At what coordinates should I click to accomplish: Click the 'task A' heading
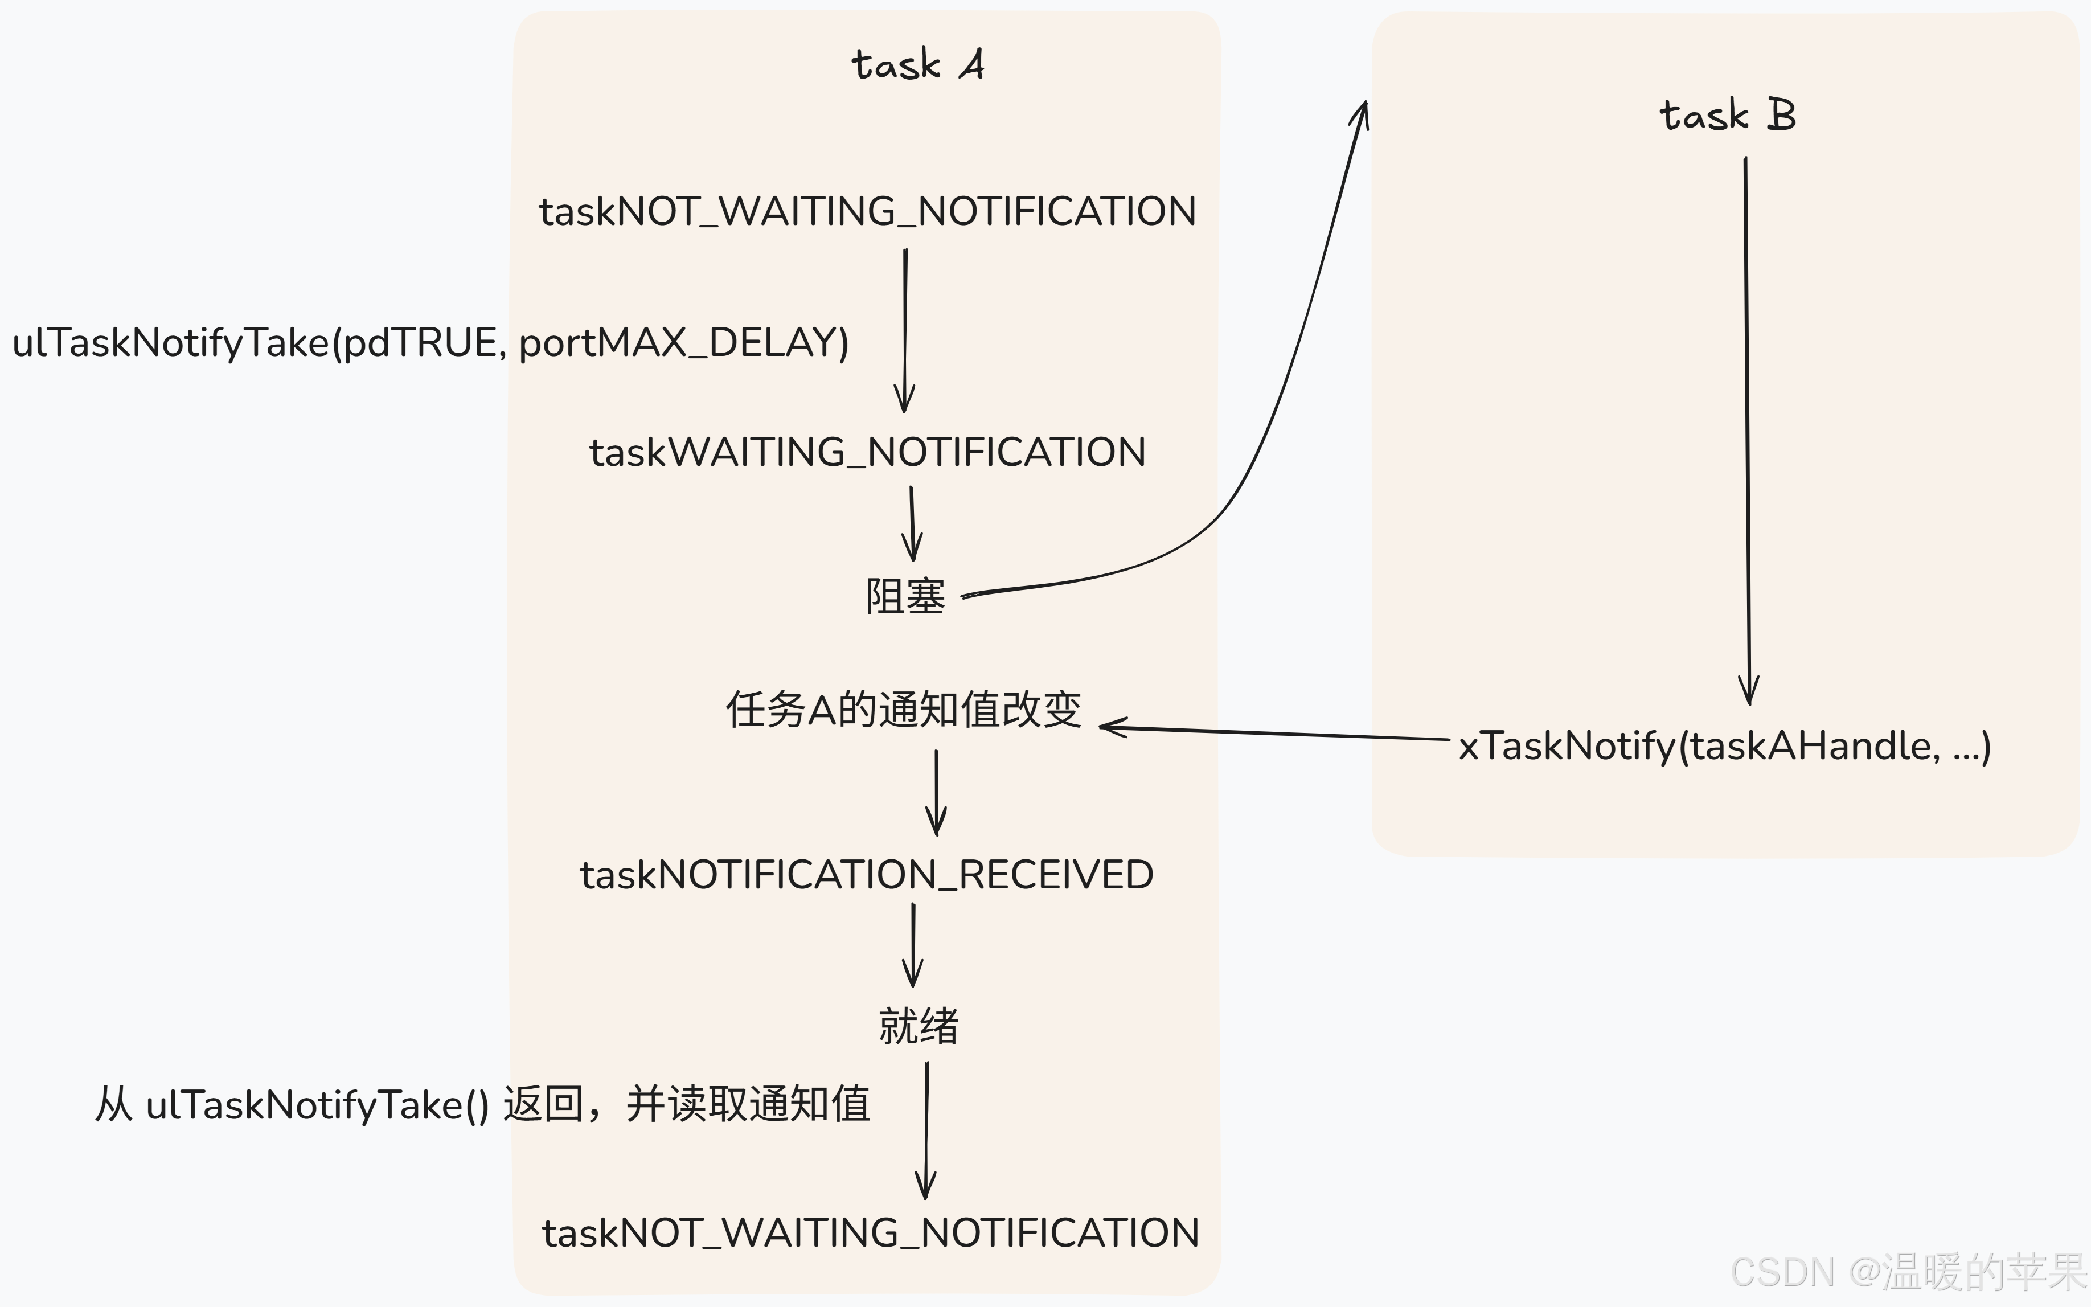917,65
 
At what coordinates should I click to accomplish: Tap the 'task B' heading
1727,115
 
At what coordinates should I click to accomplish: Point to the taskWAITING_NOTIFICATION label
867,453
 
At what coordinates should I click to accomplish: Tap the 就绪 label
919,1026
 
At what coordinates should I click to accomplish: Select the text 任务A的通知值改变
904,710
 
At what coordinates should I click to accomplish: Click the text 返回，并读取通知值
687,1105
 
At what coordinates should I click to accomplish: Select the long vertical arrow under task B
1747,432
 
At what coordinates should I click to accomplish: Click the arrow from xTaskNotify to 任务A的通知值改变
1274,733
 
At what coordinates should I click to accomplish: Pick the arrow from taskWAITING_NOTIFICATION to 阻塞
912,524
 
